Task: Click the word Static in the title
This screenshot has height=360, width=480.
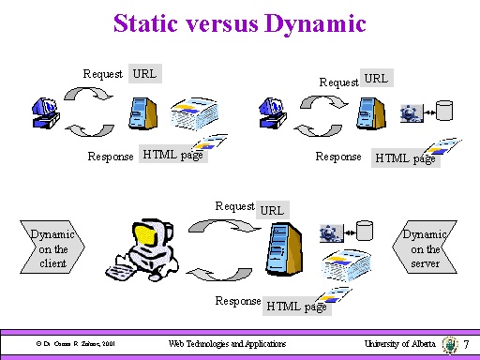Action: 145,23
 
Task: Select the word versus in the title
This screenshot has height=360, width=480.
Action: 222,23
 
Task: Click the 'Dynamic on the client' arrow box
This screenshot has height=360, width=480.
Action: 52,248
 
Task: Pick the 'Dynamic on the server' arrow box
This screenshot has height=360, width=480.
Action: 423,248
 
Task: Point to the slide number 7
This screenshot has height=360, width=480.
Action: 466,345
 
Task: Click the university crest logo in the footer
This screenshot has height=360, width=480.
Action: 450,344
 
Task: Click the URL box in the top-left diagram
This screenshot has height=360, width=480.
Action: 145,73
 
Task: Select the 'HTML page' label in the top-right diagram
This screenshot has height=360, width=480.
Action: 405,158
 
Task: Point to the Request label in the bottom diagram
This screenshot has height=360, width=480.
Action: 233,205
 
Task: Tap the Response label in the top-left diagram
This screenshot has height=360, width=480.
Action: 111,157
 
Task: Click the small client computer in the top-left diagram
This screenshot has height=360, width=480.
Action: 44,112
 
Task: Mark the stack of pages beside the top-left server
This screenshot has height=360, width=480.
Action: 193,114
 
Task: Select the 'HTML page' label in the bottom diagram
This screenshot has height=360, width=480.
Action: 295,306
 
